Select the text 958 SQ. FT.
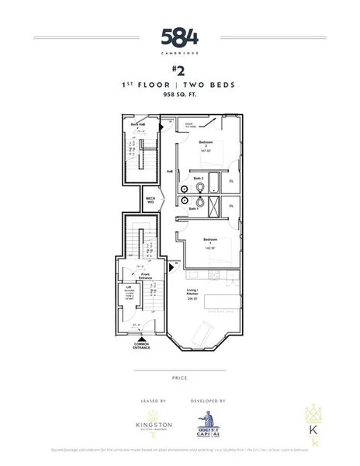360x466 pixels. [x=179, y=94]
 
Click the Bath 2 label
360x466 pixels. [x=199, y=178]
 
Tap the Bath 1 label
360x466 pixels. [x=194, y=208]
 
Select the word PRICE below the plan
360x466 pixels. [x=179, y=378]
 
